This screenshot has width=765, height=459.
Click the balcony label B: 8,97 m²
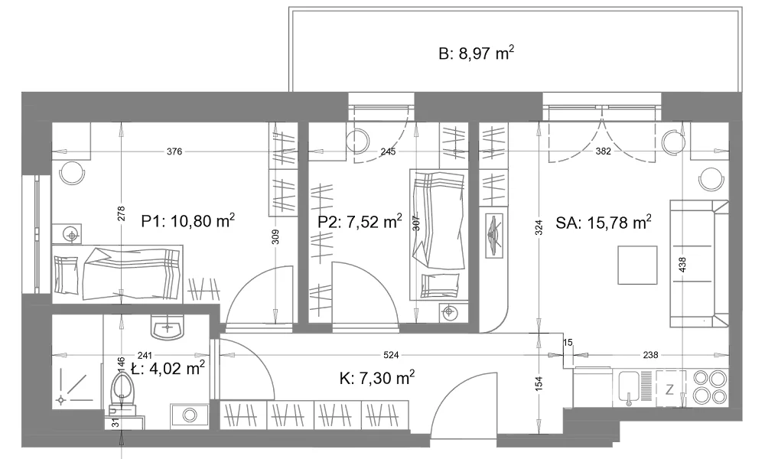(476, 53)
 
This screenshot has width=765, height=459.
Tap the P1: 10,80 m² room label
(188, 220)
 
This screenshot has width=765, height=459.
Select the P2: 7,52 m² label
(360, 221)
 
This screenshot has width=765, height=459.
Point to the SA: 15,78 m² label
(603, 223)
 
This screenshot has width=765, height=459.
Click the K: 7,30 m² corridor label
(377, 377)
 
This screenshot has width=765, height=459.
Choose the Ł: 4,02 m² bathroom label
(168, 367)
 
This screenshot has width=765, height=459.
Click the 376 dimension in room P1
(174, 151)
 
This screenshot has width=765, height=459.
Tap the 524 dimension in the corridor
(391, 355)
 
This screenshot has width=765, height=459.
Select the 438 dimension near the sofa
(682, 265)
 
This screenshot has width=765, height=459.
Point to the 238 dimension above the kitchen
(651, 355)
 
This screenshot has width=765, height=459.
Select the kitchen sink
(630, 389)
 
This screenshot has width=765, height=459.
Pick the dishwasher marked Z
(670, 389)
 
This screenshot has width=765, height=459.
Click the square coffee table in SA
(637, 265)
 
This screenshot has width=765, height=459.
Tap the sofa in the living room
(699, 263)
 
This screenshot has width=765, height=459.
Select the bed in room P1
(118, 274)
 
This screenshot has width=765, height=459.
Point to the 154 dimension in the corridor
(539, 383)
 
